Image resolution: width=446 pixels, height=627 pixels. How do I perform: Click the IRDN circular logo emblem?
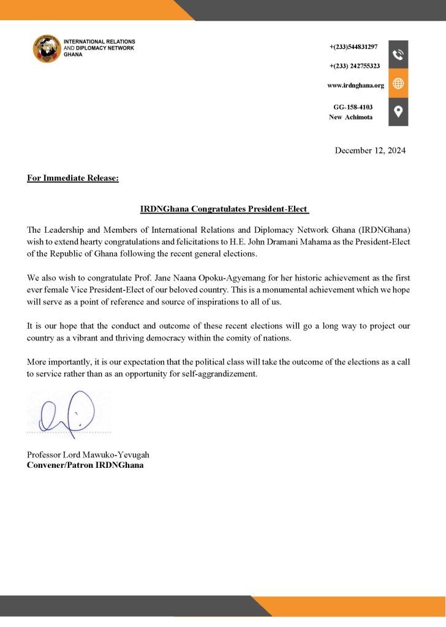coord(47,48)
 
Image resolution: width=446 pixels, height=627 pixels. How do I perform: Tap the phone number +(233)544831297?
coord(353,47)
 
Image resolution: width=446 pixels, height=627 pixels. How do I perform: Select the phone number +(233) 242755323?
coord(355,66)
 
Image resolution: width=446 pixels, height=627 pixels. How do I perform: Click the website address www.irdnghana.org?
coord(355,85)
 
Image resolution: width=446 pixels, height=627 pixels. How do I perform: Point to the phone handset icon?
coord(398,54)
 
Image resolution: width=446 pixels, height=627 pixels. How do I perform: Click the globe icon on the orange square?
coord(398,83)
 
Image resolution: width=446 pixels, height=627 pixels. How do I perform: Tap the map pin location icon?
coord(398,111)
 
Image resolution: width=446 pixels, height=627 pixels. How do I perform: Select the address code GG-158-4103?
coord(352,107)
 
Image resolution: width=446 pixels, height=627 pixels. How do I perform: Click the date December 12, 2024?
coord(370,150)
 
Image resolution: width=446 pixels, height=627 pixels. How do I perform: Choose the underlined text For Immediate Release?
coord(73,179)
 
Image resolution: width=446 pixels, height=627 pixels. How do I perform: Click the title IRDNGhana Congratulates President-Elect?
coord(224,209)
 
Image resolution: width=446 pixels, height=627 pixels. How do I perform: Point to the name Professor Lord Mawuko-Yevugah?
coord(88,455)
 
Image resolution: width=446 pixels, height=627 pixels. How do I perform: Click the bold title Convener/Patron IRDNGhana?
coord(85,465)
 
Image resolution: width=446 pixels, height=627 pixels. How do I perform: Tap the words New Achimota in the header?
coord(350,117)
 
